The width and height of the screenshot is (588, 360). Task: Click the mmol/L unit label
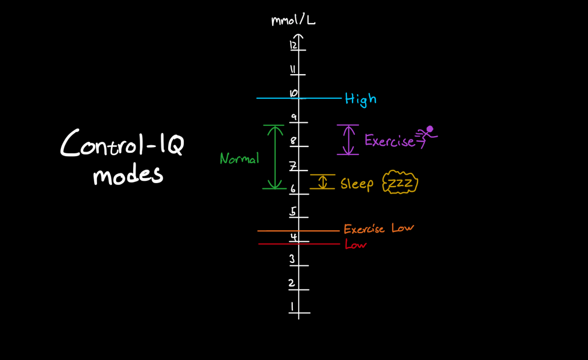(x=293, y=21)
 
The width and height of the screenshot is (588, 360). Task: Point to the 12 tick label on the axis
(x=293, y=45)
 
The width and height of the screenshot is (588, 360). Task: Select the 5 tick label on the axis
(x=292, y=212)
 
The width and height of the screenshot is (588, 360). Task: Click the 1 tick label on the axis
(x=292, y=307)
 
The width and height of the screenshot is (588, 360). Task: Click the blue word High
(x=361, y=99)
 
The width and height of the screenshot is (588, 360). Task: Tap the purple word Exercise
(x=389, y=140)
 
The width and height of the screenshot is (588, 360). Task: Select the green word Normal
(x=239, y=159)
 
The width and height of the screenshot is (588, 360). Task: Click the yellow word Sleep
(x=357, y=184)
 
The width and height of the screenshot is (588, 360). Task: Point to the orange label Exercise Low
(x=378, y=229)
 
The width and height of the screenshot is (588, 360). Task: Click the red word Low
(x=355, y=245)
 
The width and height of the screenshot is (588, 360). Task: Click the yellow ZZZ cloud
(x=401, y=183)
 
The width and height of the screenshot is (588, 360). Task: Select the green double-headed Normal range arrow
(x=274, y=157)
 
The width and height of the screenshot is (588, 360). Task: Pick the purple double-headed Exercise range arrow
(x=347, y=140)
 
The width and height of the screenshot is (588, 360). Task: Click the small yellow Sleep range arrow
(x=323, y=182)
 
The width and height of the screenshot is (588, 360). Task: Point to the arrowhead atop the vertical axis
(x=299, y=38)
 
